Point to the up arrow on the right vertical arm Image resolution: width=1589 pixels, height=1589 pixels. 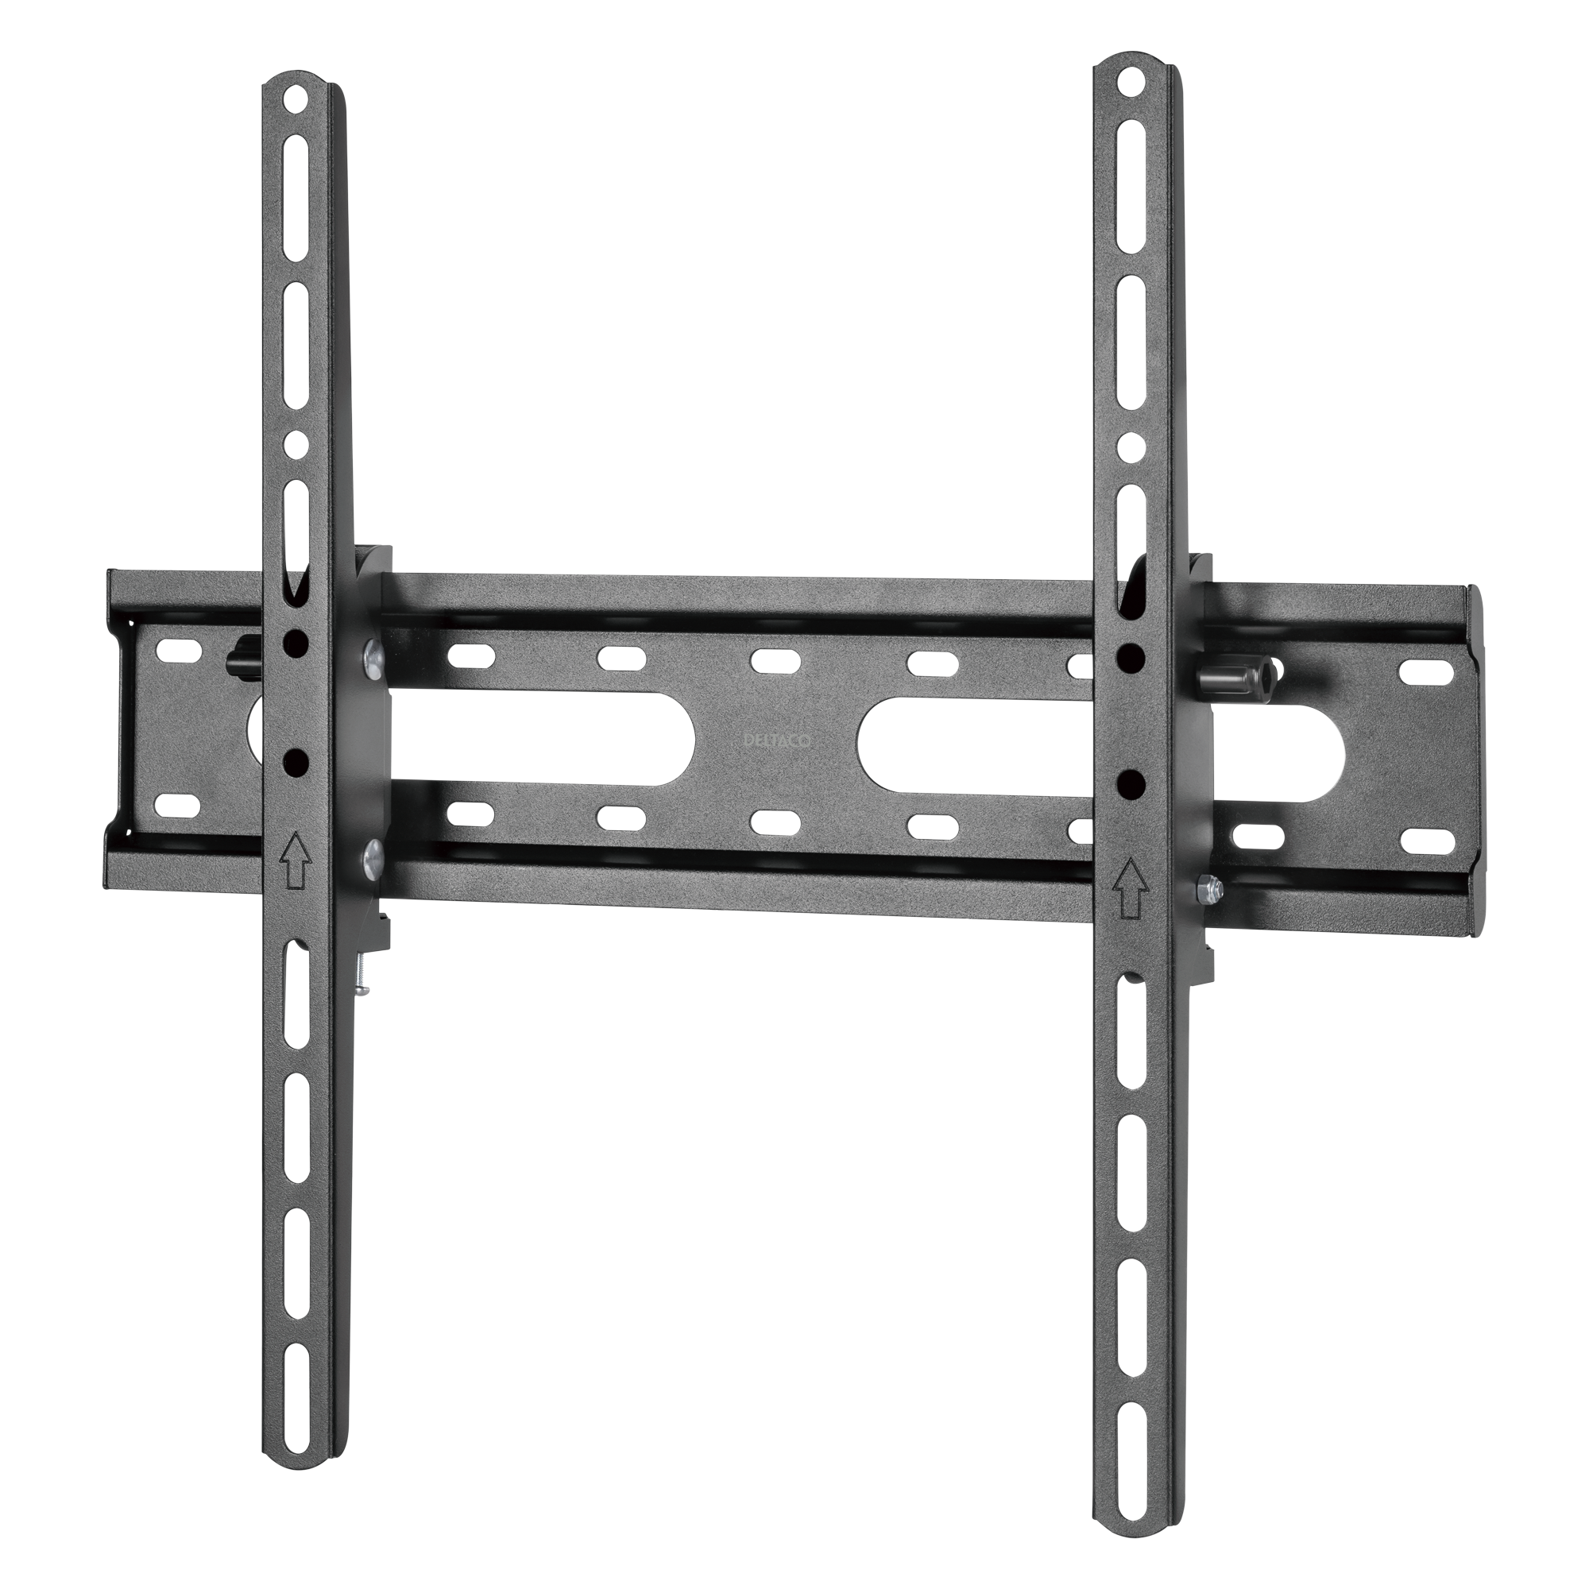[x=1132, y=888]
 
